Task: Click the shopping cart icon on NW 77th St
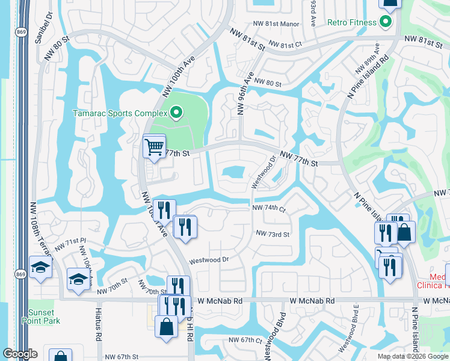click(x=155, y=146)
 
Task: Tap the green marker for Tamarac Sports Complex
click(x=176, y=113)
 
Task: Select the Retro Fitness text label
click(x=352, y=23)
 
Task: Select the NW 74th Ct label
click(x=268, y=208)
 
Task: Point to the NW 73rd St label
click(x=273, y=233)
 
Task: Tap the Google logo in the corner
click(x=19, y=354)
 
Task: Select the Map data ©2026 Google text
click(x=413, y=356)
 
